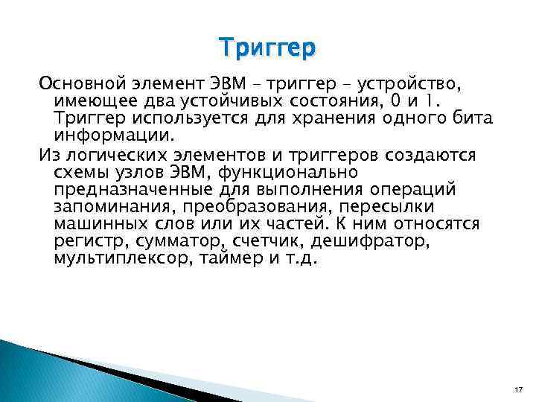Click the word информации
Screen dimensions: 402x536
112,135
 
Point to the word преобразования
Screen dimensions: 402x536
259,207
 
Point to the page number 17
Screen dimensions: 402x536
518,389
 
